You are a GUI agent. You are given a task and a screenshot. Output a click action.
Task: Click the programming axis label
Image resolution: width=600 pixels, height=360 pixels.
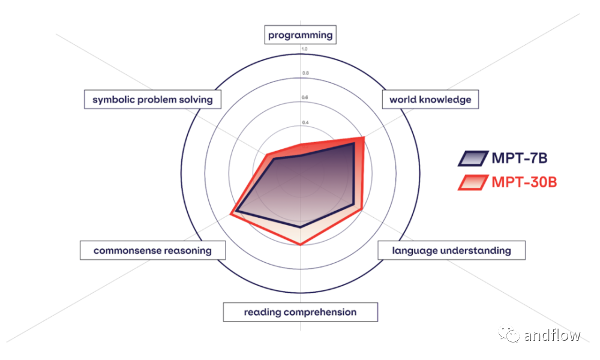[x=301, y=35]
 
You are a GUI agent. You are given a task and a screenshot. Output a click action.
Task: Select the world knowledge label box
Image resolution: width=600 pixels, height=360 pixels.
[x=430, y=100]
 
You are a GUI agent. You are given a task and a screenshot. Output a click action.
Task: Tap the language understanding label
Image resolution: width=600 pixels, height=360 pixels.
[x=452, y=251]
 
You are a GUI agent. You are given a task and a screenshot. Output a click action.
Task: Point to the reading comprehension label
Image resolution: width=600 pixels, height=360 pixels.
[x=301, y=312]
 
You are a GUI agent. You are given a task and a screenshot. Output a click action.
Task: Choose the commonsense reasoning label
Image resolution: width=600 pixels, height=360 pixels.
[x=152, y=251]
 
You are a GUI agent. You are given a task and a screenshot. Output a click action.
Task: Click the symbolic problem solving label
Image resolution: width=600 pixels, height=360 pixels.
[x=152, y=100]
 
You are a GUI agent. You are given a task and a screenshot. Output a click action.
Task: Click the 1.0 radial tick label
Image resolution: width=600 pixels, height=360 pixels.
[x=304, y=49]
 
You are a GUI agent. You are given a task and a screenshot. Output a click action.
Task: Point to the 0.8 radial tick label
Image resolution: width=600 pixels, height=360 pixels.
[x=305, y=73]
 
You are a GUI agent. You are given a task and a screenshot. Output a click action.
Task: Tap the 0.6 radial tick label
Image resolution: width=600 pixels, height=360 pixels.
[x=305, y=98]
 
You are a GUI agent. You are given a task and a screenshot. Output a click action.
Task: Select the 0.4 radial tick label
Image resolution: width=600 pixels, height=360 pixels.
[x=305, y=122]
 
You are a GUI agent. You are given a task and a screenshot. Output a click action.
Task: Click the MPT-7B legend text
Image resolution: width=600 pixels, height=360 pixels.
[x=519, y=158]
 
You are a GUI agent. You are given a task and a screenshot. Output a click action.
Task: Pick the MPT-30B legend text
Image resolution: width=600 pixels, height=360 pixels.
[x=524, y=182]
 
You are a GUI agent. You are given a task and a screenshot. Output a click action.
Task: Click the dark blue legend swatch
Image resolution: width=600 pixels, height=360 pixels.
[x=473, y=158]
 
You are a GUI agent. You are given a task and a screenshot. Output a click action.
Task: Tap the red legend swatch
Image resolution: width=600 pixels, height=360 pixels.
[x=473, y=182]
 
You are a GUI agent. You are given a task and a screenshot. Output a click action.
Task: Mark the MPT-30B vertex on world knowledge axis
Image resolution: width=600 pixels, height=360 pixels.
[x=363, y=137]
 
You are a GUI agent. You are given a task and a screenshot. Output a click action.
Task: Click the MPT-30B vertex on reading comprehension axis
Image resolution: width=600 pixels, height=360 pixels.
[x=301, y=244]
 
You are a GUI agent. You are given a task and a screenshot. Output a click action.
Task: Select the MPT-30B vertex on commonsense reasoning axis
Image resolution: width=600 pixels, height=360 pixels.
[x=231, y=214]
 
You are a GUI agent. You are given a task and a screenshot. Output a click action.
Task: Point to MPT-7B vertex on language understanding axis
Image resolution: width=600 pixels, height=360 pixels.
[x=352, y=204]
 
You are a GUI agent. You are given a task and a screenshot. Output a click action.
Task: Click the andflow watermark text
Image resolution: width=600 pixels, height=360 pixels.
[x=552, y=335]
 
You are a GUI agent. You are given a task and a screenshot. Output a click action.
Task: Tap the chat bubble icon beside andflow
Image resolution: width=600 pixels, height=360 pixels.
[x=509, y=334]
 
